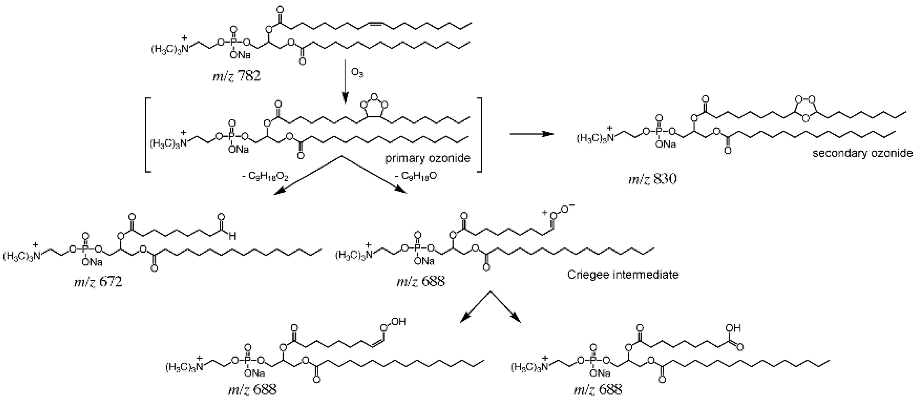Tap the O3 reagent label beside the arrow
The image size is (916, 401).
click(357, 73)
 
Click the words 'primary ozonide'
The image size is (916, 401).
click(428, 158)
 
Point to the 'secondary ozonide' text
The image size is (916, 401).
click(862, 153)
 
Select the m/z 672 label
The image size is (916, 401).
click(98, 282)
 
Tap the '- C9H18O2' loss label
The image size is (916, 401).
click(265, 176)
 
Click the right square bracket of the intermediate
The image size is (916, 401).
click(480, 135)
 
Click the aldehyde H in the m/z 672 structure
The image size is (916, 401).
click(232, 236)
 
